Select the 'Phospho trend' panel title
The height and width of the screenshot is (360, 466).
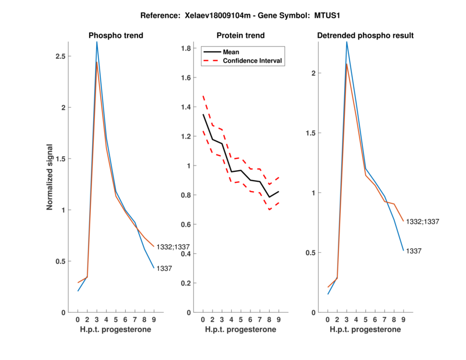pos(116,36)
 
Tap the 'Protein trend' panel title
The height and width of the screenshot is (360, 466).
pos(241,36)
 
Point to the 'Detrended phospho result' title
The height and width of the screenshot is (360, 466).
pos(366,36)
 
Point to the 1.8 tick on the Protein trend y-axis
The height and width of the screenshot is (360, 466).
pos(187,48)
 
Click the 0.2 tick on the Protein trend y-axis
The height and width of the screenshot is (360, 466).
pos(187,283)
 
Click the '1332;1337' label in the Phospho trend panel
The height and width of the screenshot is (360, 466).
pos(173,247)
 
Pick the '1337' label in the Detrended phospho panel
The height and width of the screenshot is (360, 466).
pos(414,250)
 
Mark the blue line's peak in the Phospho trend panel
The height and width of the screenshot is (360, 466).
pos(97,42)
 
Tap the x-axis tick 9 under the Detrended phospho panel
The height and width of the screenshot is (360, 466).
pos(403,319)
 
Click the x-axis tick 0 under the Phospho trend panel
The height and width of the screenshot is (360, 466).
pos(78,319)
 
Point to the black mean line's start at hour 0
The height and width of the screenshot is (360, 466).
pos(203,114)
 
